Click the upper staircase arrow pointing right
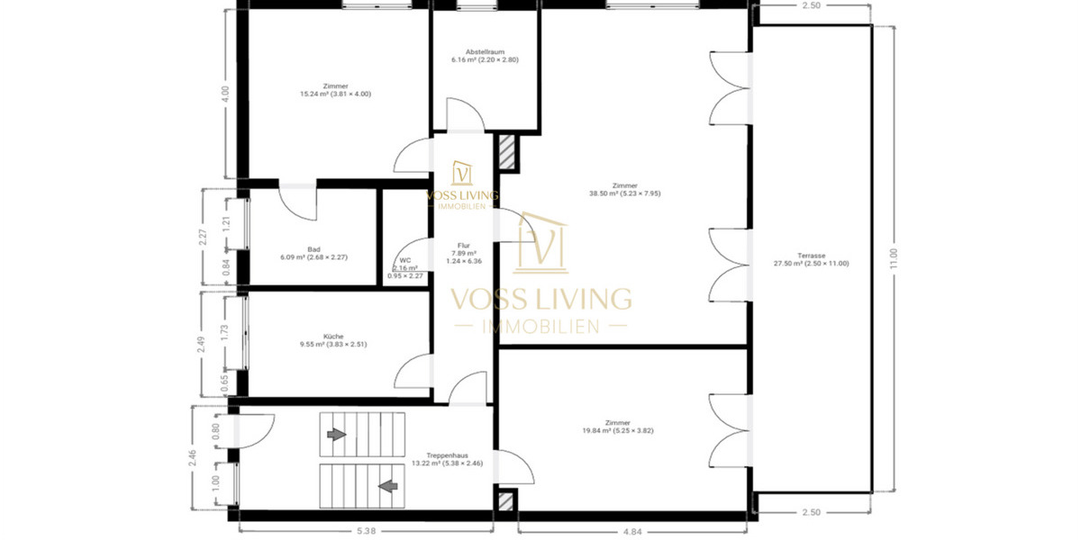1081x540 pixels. pos(336,435)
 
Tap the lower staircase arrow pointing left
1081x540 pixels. pos(388,487)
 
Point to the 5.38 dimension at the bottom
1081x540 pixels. pos(366,530)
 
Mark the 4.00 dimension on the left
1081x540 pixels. pos(225,94)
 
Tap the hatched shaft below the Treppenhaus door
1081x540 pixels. pos(507,501)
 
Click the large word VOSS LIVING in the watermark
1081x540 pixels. pos(540,298)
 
